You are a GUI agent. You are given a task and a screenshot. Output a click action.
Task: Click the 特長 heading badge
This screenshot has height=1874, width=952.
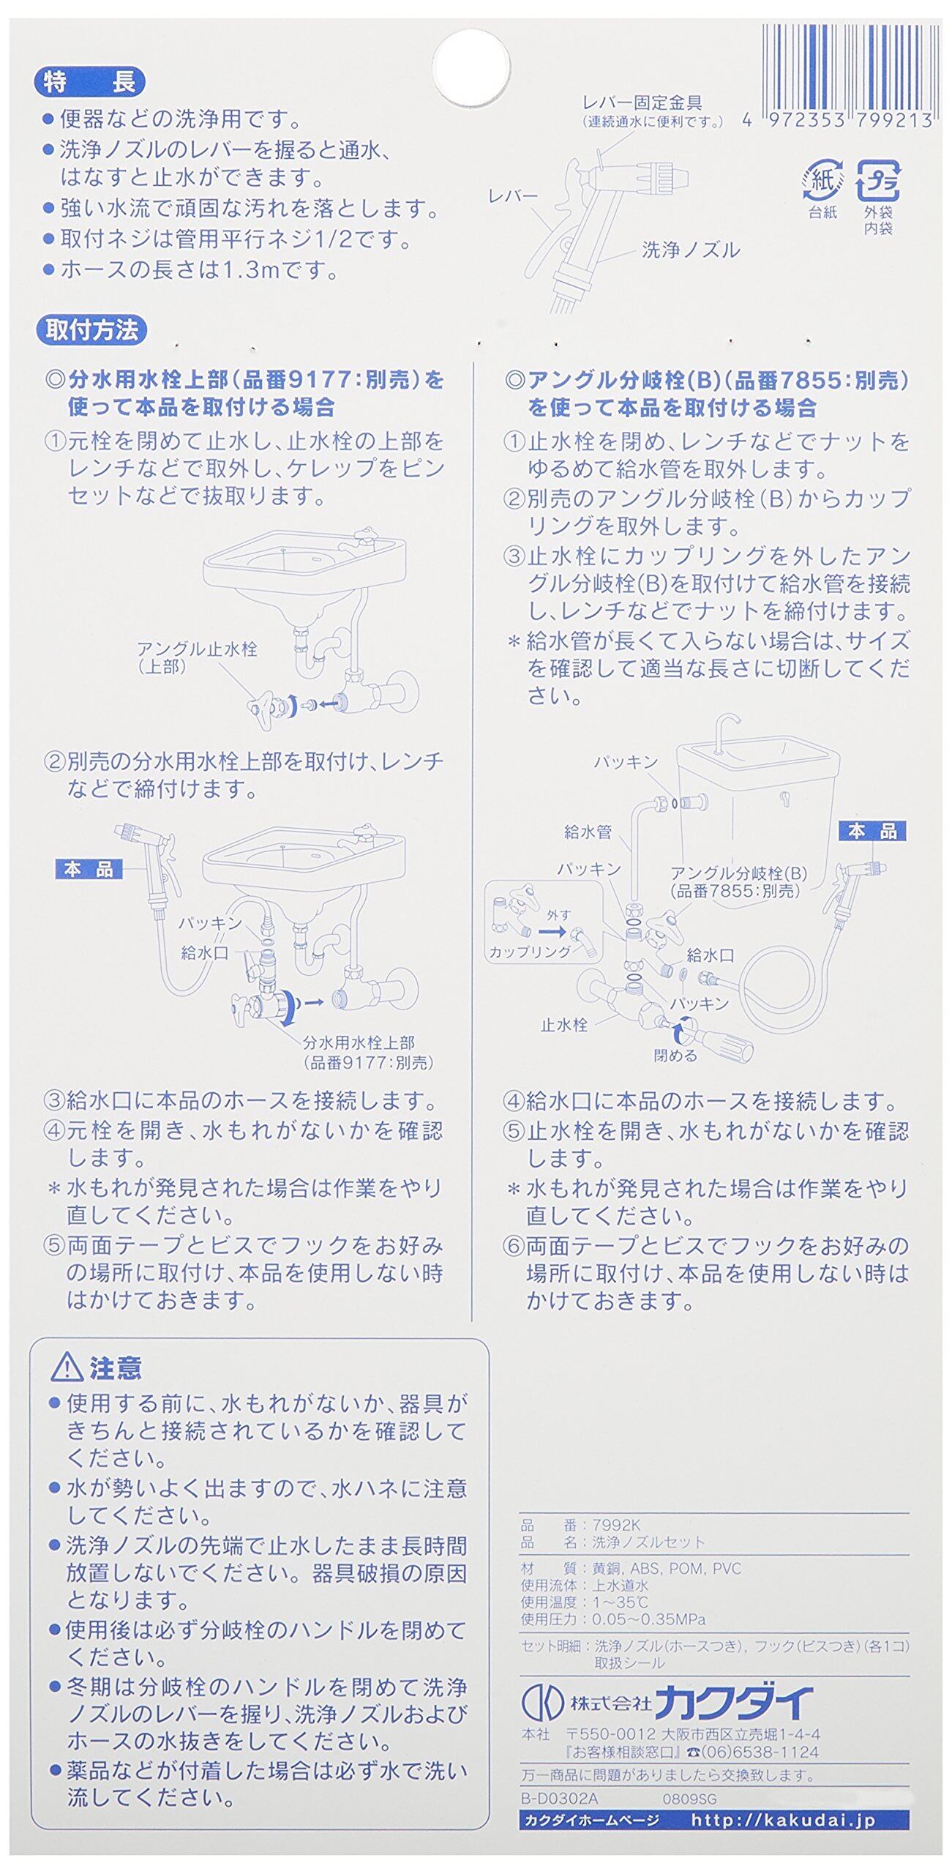click(90, 82)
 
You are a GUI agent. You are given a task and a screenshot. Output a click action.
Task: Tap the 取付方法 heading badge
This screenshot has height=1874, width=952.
click(91, 331)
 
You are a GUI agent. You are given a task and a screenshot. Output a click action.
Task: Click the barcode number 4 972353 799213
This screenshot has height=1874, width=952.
click(837, 121)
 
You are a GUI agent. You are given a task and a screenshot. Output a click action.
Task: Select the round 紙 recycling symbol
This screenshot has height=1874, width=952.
click(822, 180)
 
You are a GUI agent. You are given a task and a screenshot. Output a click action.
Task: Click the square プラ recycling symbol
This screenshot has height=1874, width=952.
click(878, 180)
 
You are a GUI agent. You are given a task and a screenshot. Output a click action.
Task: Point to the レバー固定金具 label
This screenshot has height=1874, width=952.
click(642, 103)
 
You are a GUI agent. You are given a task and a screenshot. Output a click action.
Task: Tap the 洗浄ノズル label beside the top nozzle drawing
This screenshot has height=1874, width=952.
click(691, 250)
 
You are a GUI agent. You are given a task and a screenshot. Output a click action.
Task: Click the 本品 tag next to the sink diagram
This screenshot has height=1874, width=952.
click(89, 870)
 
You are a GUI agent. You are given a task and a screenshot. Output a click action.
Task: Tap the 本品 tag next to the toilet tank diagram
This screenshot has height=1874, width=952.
click(873, 831)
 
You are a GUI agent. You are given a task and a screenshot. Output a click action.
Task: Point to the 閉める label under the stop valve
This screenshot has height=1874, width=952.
click(675, 1055)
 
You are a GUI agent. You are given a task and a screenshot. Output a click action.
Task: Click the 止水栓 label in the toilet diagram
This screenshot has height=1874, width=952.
click(563, 1025)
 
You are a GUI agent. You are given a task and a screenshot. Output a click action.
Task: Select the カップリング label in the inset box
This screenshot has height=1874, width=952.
click(530, 952)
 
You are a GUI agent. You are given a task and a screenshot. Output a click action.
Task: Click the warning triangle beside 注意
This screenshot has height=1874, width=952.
click(67, 1366)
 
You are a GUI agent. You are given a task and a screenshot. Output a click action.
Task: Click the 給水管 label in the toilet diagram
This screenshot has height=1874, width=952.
click(588, 832)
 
